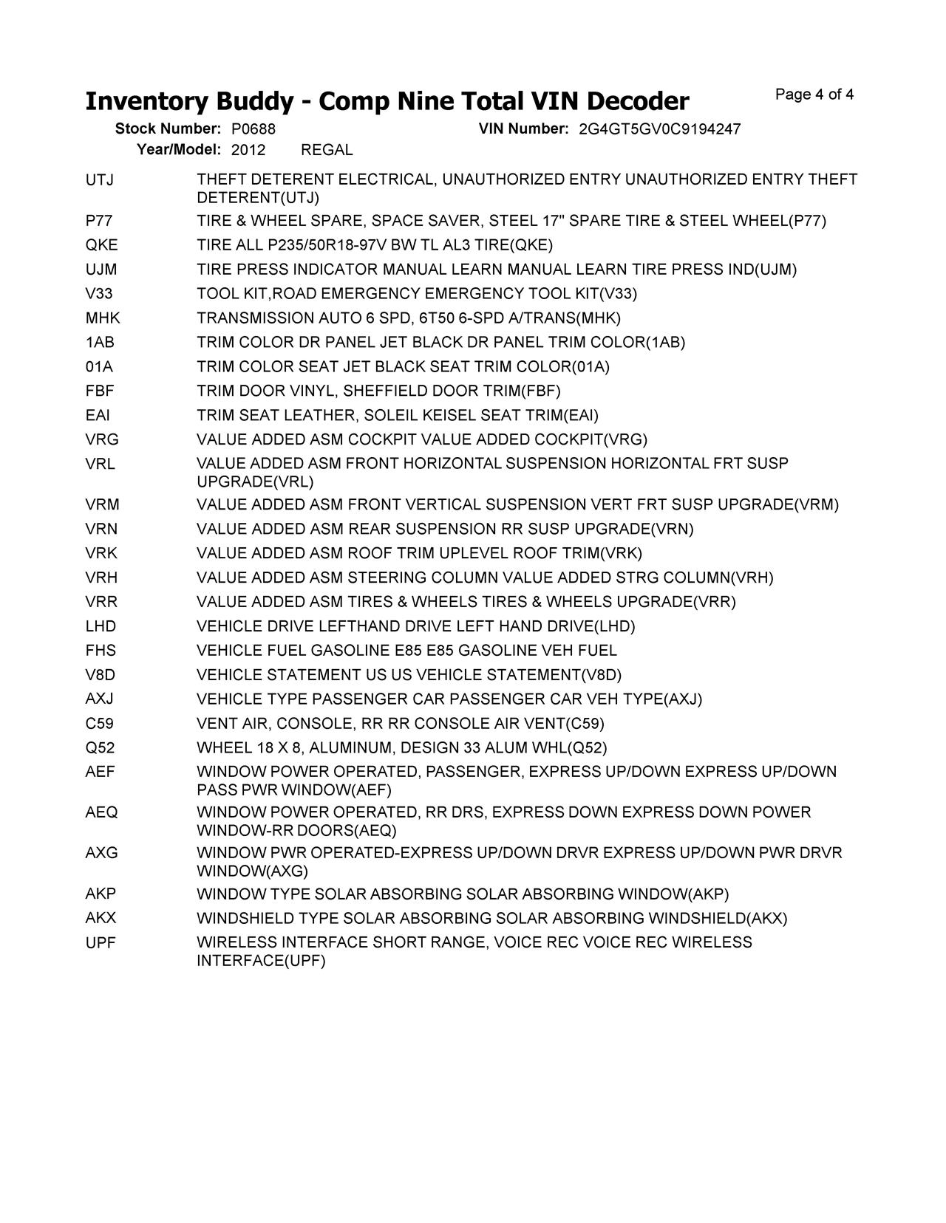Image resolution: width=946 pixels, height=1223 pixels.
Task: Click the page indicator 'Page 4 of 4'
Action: tap(814, 95)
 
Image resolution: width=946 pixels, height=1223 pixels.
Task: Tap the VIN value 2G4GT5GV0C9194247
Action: tap(659, 129)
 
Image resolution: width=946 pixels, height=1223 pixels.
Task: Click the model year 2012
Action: tap(248, 150)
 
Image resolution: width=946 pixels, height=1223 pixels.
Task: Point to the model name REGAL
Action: tap(327, 150)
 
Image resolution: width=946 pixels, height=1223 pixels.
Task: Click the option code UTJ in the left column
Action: tap(100, 180)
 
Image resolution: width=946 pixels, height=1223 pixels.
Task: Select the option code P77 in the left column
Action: tap(99, 221)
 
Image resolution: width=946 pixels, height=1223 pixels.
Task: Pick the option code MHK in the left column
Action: tap(103, 318)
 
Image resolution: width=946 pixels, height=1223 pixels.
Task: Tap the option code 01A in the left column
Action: tap(99, 367)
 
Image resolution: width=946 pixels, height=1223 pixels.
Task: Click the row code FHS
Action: tap(101, 651)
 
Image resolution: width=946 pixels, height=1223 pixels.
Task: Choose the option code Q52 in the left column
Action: tap(100, 748)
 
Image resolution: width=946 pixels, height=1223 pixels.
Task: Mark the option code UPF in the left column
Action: tap(101, 943)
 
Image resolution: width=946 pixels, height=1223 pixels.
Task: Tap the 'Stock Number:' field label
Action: tap(168, 129)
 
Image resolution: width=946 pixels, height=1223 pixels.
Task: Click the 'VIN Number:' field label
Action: tap(523, 129)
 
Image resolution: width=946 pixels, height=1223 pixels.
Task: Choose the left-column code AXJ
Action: tap(100, 699)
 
